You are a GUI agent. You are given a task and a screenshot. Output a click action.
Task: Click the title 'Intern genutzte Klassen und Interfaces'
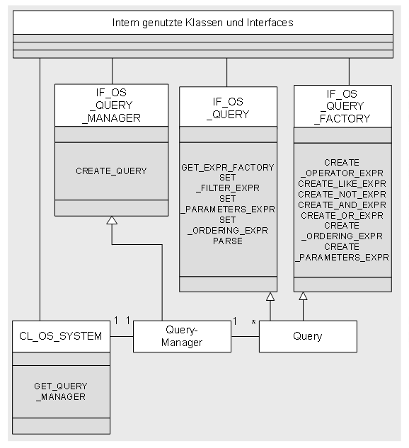(x=203, y=23)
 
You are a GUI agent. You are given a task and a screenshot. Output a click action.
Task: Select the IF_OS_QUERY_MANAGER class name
(x=111, y=105)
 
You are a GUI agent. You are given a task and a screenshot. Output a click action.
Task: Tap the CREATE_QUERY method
(x=111, y=171)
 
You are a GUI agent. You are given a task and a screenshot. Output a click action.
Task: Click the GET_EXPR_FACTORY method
(x=228, y=167)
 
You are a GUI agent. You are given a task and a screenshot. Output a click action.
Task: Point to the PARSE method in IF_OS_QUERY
(x=228, y=241)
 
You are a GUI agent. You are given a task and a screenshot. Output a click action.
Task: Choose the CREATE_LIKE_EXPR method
(x=342, y=183)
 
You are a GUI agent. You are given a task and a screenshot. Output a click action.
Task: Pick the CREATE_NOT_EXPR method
(x=342, y=195)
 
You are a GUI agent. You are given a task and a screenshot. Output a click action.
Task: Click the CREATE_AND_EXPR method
(x=342, y=205)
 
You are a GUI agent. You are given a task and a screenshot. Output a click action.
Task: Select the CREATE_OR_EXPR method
(x=342, y=215)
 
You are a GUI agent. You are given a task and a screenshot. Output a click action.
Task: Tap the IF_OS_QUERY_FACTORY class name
(x=342, y=106)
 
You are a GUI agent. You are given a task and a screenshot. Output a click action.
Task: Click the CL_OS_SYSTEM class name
(x=61, y=336)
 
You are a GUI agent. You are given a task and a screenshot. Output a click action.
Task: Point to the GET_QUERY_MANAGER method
(x=61, y=391)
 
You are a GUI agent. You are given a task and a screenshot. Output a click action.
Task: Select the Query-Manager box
(x=182, y=336)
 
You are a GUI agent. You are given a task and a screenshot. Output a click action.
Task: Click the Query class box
(x=308, y=336)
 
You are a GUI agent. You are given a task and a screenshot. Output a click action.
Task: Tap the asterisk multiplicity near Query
(x=253, y=323)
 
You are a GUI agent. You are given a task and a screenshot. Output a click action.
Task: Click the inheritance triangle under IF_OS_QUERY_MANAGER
(x=112, y=220)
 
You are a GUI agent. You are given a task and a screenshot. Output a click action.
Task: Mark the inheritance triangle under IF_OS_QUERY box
(x=270, y=297)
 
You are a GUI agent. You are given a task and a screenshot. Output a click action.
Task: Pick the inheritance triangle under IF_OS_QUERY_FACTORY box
(x=303, y=296)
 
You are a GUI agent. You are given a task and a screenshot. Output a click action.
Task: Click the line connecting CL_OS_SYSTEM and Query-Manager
(x=122, y=336)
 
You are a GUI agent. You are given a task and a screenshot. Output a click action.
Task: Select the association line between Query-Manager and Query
(x=245, y=336)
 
